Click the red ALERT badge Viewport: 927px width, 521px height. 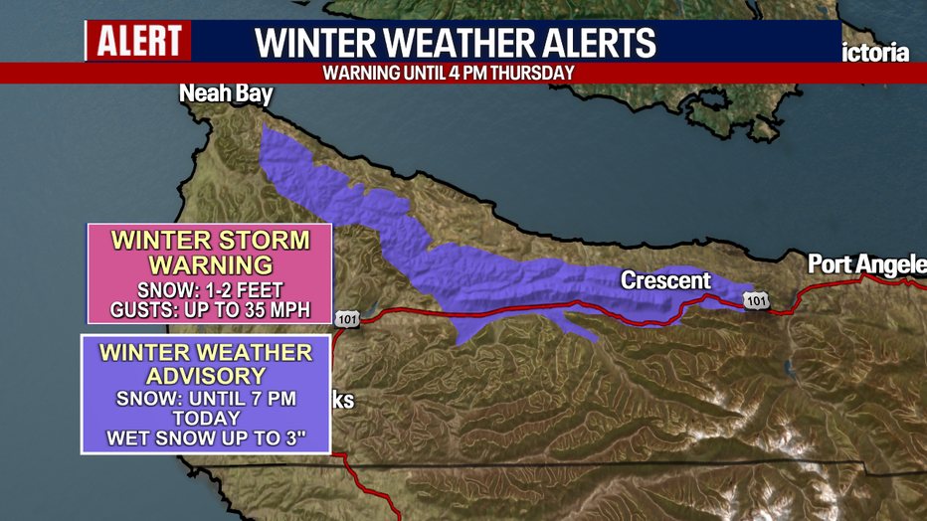point(138,41)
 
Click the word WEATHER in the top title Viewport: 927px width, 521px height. point(443,44)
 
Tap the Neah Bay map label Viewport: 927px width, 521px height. point(226,94)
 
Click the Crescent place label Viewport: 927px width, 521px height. point(666,280)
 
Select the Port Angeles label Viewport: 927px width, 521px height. point(865,264)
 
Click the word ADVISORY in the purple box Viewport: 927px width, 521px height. point(206,376)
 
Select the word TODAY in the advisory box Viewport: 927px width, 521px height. point(206,419)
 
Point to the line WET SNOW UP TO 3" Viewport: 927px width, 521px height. point(206,438)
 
